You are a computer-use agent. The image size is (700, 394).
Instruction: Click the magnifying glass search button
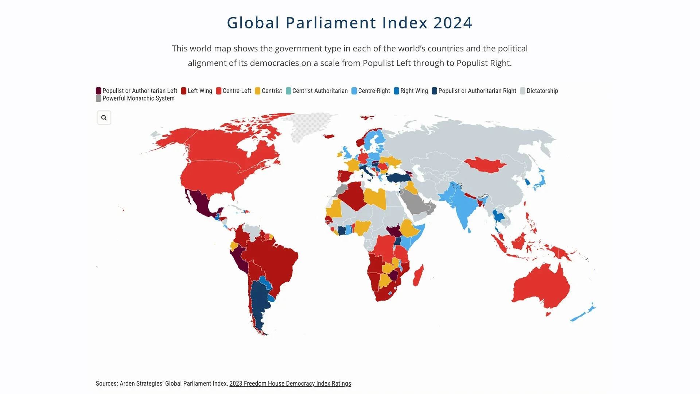coord(104,118)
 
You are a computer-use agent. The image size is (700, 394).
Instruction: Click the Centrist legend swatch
coord(257,91)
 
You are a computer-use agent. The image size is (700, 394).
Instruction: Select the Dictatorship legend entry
coord(539,91)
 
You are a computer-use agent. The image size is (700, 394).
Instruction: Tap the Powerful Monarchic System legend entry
coord(135,98)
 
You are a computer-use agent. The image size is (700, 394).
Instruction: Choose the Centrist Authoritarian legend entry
coord(317,91)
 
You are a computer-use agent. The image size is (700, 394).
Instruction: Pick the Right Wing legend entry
coord(411,91)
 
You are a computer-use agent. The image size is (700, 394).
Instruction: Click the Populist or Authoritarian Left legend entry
coord(136,91)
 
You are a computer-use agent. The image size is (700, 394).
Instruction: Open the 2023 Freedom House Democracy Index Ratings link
coord(290,383)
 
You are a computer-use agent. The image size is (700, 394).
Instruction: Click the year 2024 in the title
coord(453,23)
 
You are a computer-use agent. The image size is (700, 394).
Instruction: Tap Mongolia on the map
coord(485,165)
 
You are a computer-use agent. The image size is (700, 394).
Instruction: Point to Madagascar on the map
coord(418,275)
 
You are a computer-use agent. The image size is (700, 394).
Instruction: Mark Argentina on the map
coord(259,303)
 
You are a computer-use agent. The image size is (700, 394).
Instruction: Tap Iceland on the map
coord(329,136)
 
